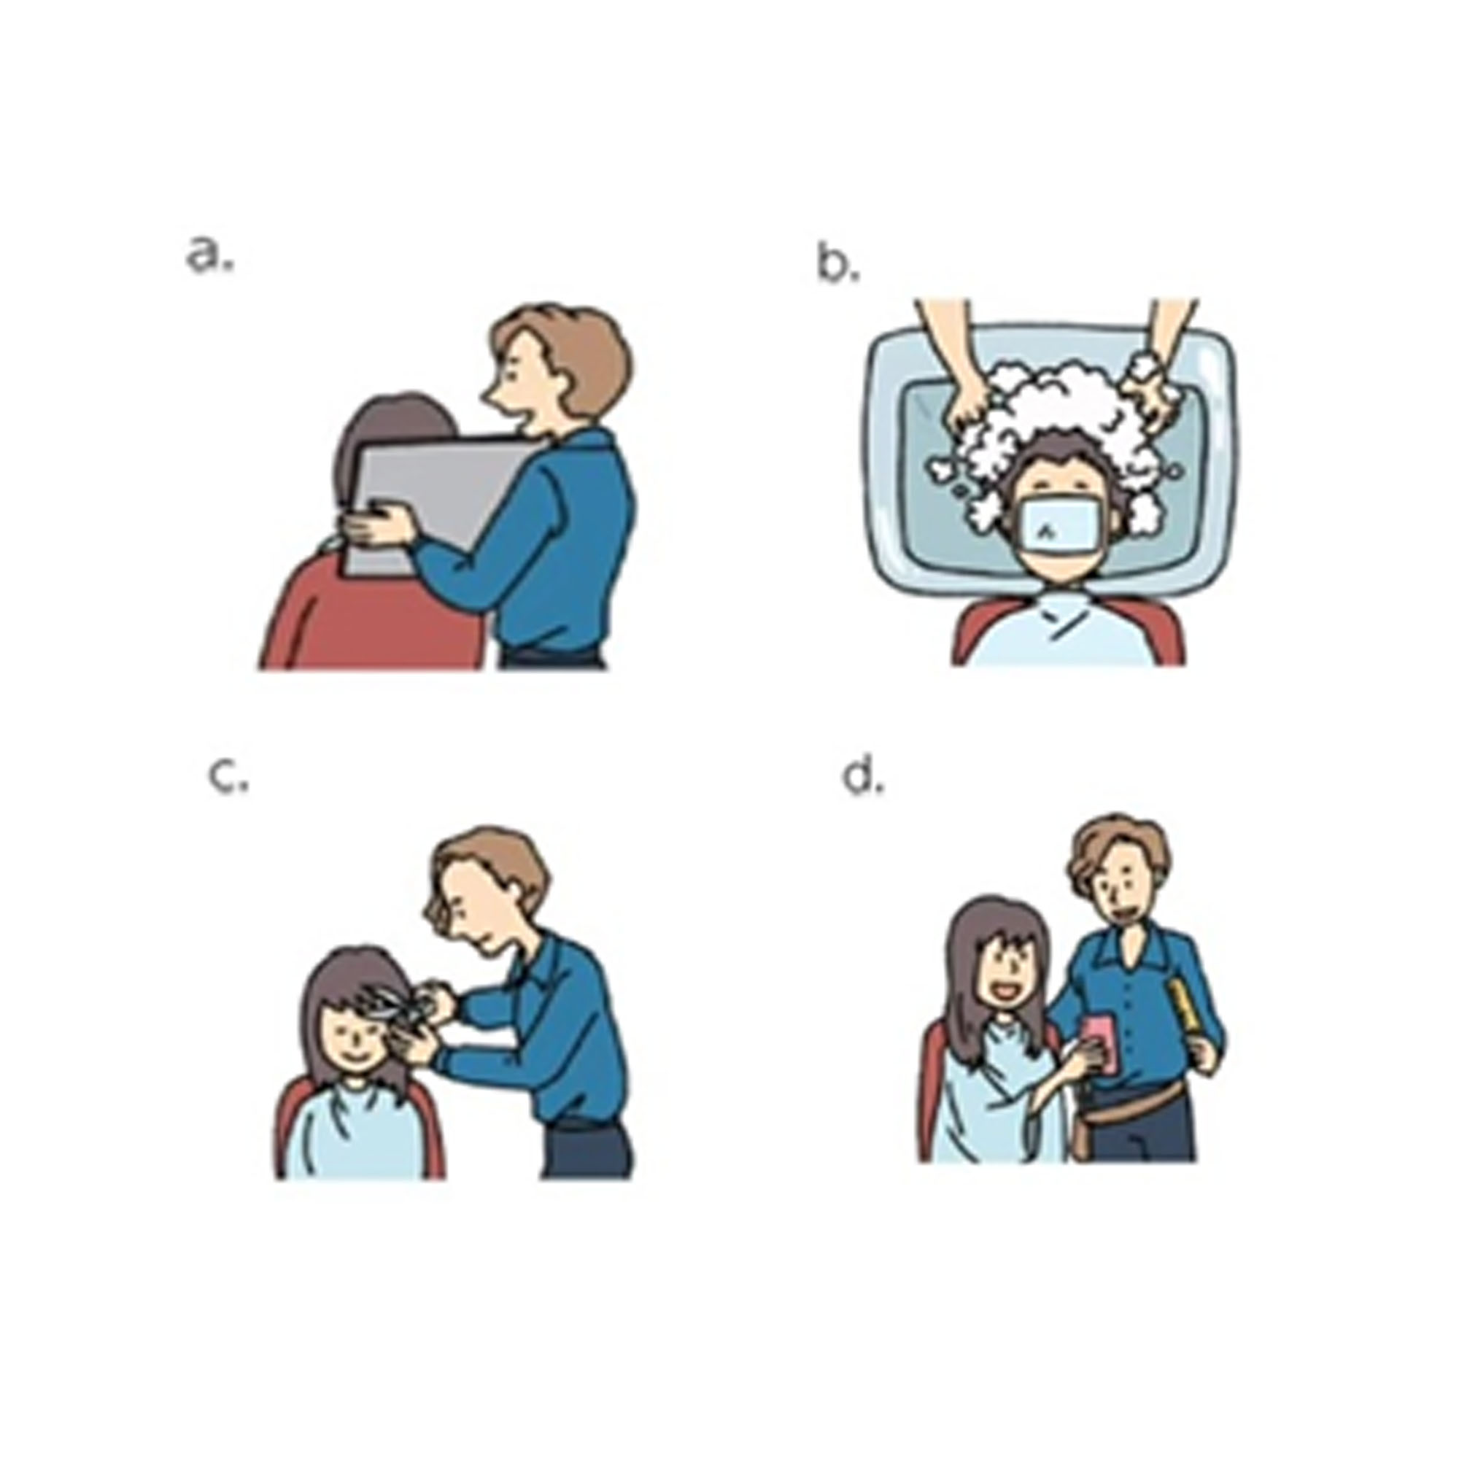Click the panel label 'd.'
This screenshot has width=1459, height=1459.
863,778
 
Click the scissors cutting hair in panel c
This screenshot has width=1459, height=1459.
392,1005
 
